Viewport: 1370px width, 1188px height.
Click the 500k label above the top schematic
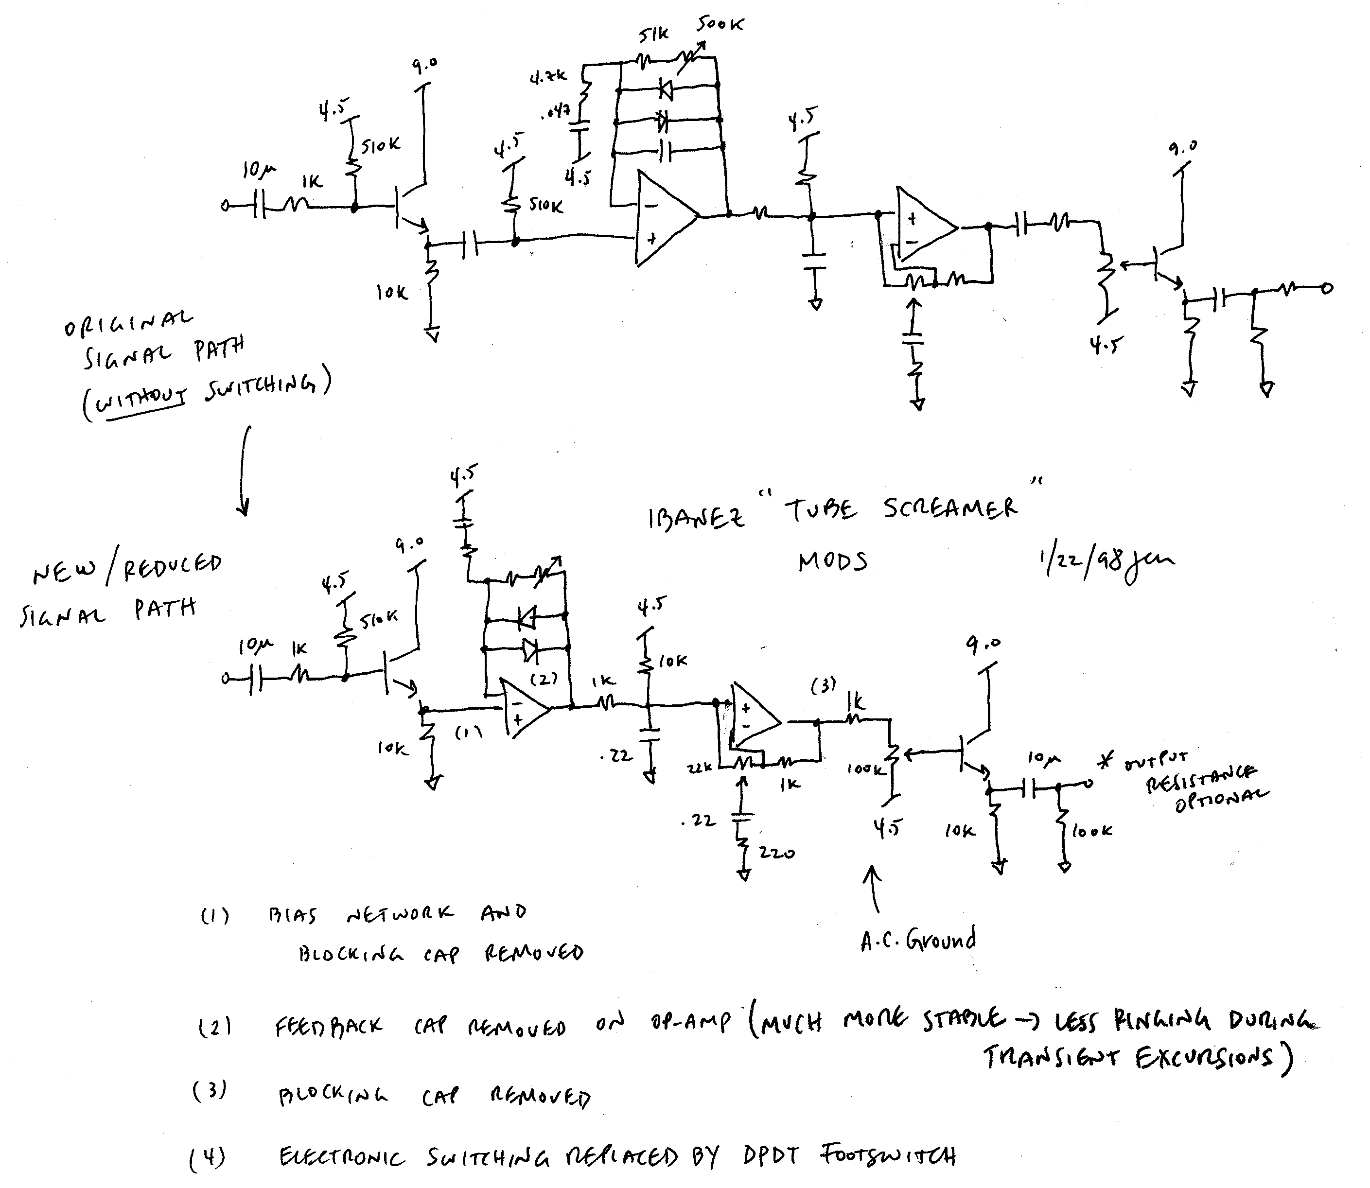pos(720,25)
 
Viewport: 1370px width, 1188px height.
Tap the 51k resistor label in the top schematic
pos(653,35)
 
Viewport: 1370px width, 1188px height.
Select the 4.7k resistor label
pos(548,78)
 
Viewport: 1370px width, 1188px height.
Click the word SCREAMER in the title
pos(949,508)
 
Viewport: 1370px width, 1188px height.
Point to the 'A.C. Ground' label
pos(918,940)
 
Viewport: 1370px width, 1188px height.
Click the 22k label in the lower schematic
pos(700,768)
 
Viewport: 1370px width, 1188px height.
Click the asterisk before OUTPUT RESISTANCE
pos(1106,762)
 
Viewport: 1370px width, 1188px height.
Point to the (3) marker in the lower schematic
pos(823,685)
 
